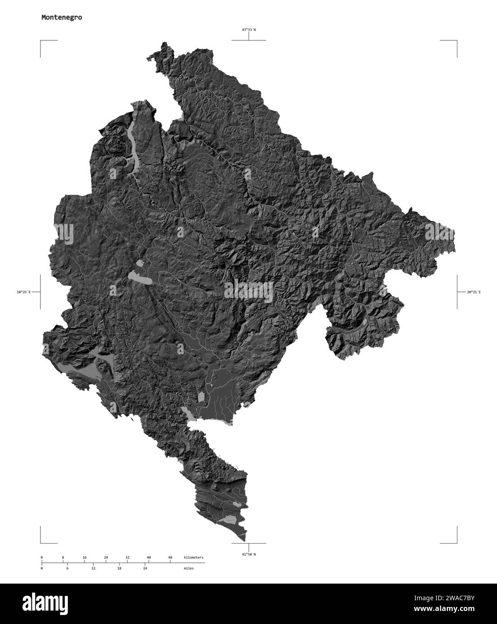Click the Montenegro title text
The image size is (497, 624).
coord(62,18)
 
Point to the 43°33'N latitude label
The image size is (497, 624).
coord(248,30)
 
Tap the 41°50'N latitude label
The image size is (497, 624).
coord(248,554)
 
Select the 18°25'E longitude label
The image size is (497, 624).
coord(23,292)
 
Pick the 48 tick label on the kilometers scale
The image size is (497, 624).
coord(170,558)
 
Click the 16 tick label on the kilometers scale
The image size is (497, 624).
coord(84,558)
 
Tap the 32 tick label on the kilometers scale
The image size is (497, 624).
coord(127,558)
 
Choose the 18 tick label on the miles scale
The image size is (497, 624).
coord(119,568)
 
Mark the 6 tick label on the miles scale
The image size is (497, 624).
coord(67,568)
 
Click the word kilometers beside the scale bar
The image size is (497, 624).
coord(194,558)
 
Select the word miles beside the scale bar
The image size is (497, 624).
coord(189,568)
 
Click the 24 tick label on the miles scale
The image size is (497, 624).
coord(145,568)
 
